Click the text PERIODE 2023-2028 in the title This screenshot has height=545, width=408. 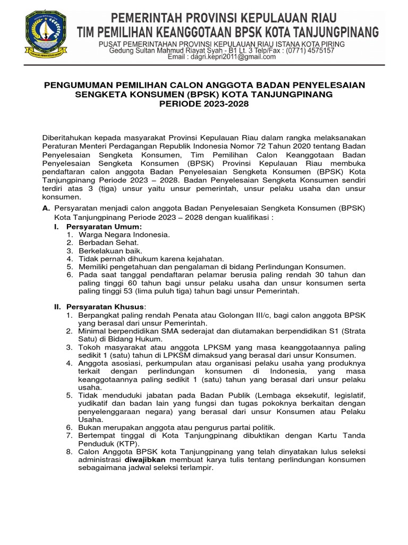point(203,104)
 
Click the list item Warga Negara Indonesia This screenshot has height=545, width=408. point(124,234)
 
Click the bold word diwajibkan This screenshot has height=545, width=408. point(147,459)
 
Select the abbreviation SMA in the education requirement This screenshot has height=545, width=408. point(160,331)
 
